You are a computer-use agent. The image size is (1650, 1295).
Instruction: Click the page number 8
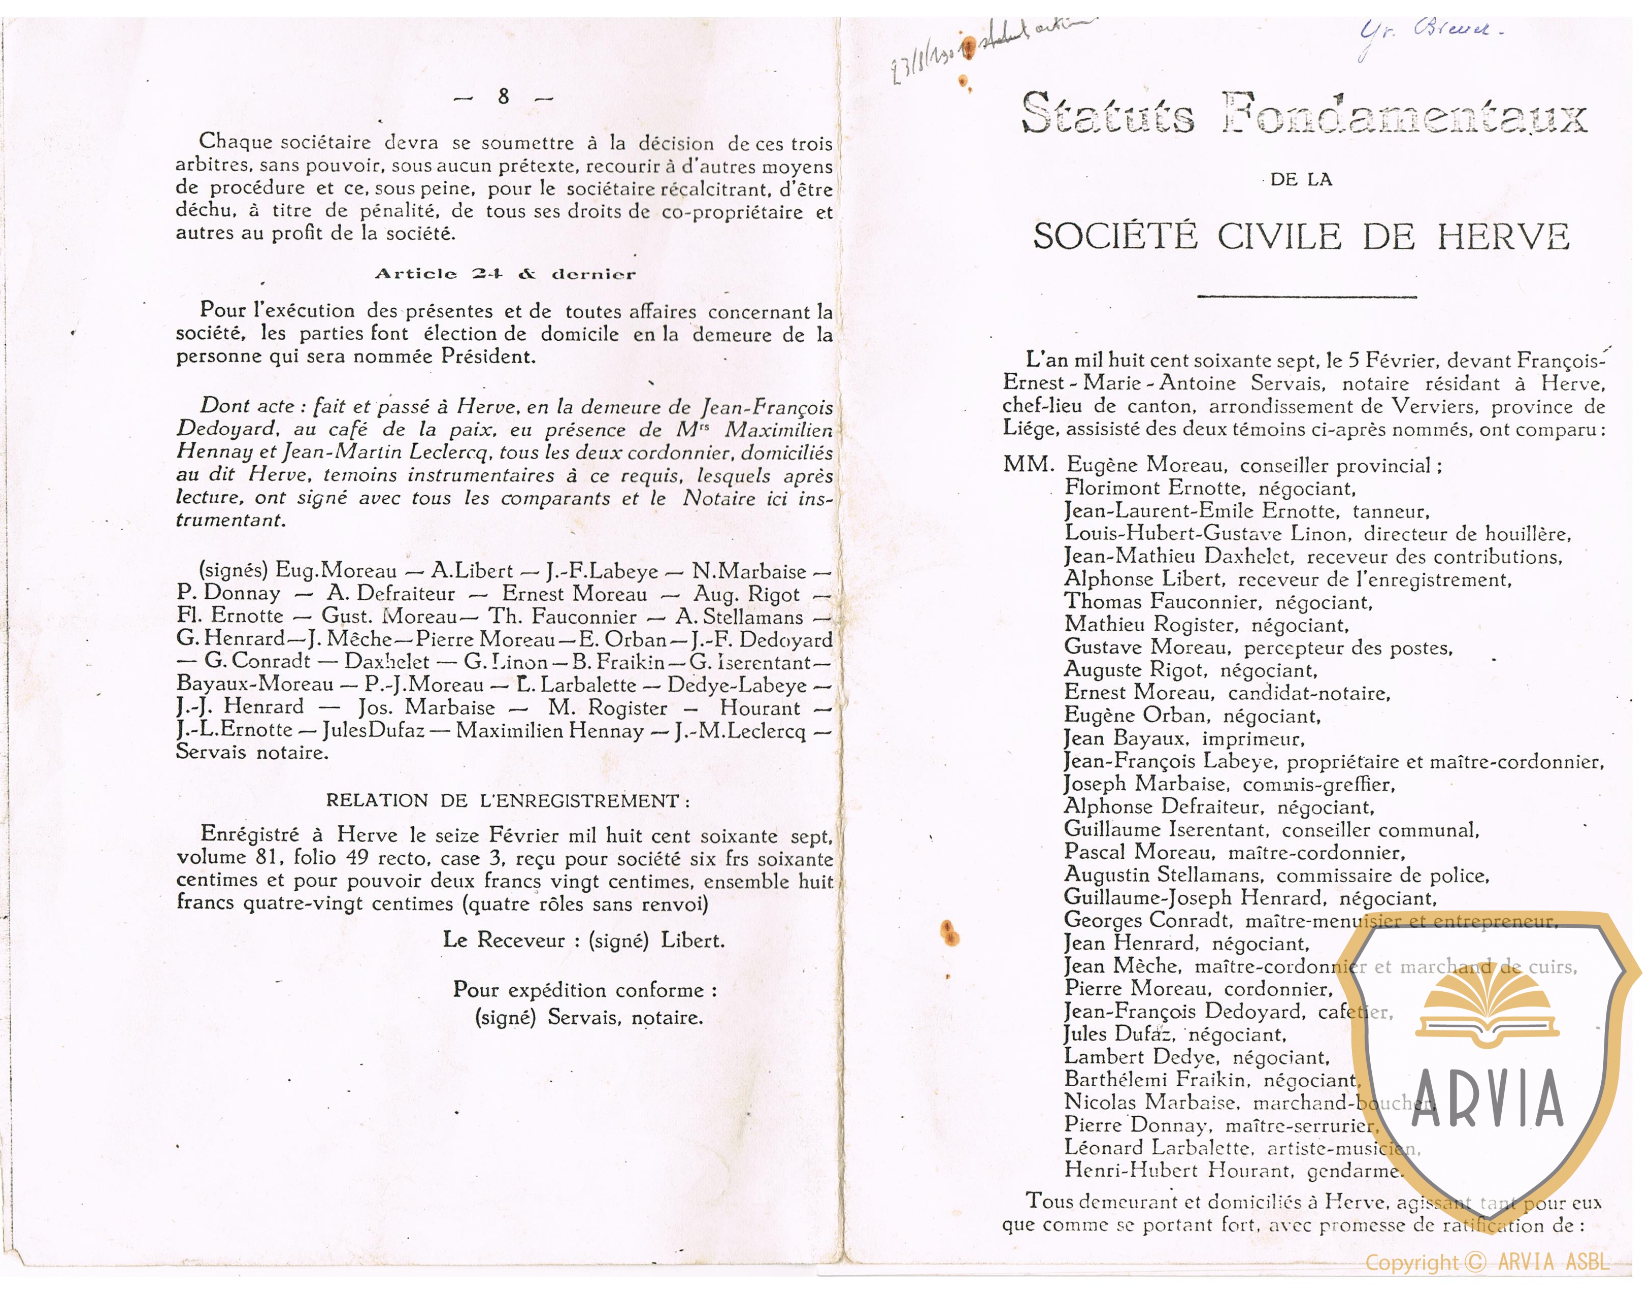point(503,96)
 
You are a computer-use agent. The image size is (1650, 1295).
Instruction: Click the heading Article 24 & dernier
point(505,274)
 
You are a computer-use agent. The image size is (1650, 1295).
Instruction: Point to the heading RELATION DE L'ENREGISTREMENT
point(508,801)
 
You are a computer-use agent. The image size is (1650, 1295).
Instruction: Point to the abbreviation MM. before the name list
point(1029,465)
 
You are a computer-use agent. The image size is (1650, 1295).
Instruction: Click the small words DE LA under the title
point(1301,180)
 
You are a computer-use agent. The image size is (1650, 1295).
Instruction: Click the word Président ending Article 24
point(487,357)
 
